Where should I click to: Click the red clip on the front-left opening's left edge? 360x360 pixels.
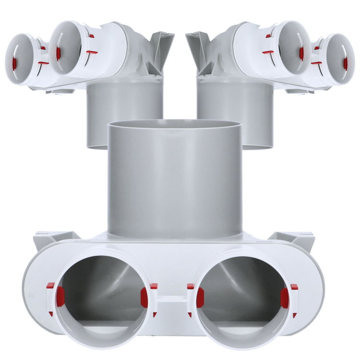pyautogui.click(x=60, y=297)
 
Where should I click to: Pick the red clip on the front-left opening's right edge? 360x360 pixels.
pyautogui.click(x=144, y=298)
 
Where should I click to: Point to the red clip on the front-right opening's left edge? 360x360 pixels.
pyautogui.click(x=200, y=298)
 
